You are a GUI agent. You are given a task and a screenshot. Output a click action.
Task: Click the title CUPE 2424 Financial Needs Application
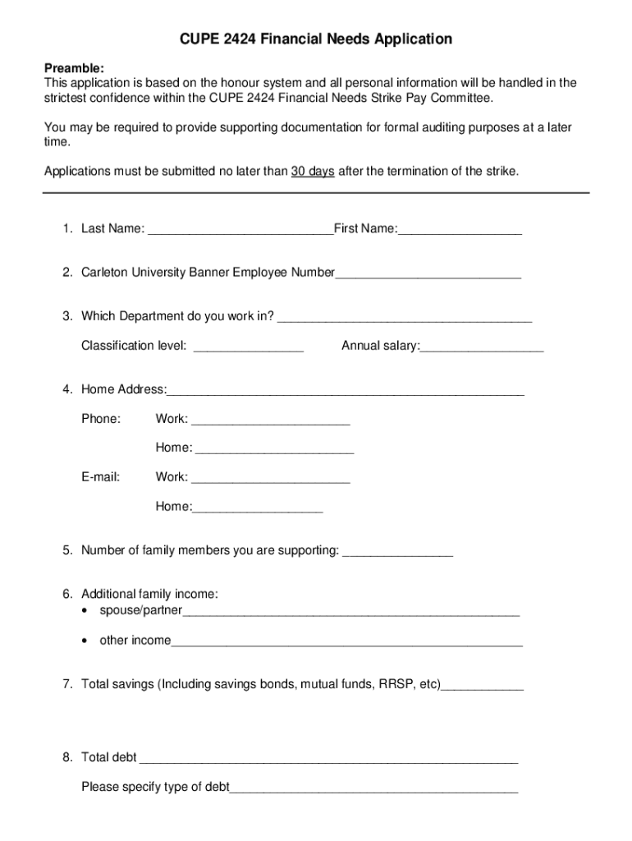tap(316, 39)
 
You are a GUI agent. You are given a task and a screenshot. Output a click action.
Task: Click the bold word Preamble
tap(74, 68)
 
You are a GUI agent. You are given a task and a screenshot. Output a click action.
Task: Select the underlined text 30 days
tap(313, 171)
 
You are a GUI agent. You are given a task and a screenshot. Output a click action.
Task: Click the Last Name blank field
tap(240, 229)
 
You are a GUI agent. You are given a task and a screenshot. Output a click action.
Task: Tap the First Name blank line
tap(460, 229)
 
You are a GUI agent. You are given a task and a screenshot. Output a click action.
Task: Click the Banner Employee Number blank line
tap(428, 273)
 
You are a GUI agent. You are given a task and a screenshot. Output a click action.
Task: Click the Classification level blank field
tap(249, 347)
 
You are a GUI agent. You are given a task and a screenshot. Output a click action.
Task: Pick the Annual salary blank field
tap(482, 347)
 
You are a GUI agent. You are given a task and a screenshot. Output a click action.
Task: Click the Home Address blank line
tap(346, 390)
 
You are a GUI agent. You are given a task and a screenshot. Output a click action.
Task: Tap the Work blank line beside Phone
tap(270, 420)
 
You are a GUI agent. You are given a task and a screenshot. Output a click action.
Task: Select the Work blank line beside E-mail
tap(270, 478)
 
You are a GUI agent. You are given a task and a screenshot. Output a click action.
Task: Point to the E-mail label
tap(100, 477)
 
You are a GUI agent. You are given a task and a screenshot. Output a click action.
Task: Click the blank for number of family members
tap(397, 551)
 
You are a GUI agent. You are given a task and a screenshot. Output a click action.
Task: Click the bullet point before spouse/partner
tap(86, 611)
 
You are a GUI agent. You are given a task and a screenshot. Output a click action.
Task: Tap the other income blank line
tap(346, 641)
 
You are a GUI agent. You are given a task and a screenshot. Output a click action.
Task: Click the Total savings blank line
tap(482, 684)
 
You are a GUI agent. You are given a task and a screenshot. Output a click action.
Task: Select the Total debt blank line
tap(329, 758)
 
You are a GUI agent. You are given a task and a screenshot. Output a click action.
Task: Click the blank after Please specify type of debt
tap(373, 788)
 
